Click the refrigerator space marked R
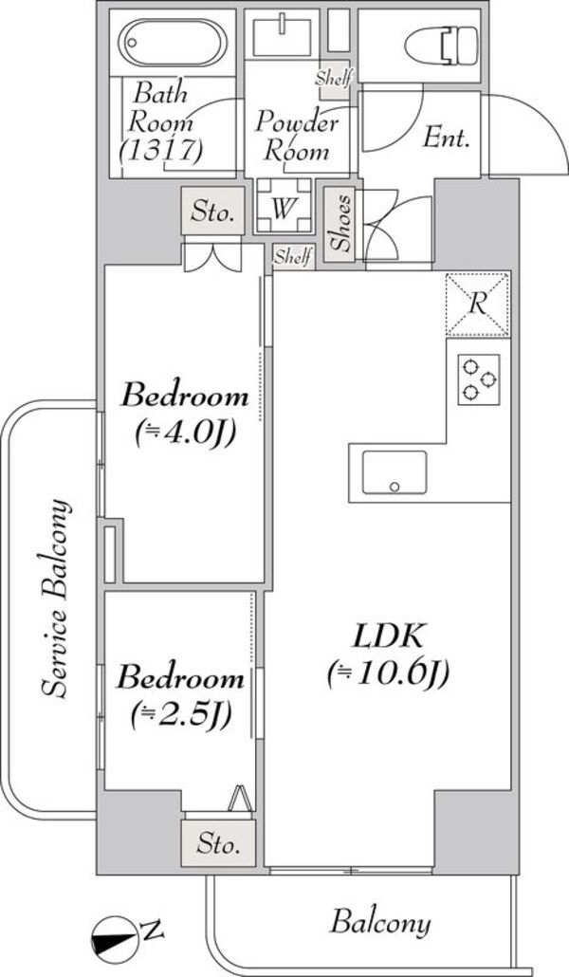coord(479,304)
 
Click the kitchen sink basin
coord(395,472)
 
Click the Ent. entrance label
coord(447,138)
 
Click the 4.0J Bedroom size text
coord(184,433)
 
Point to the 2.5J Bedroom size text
coord(180,713)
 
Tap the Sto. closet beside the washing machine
coord(211,212)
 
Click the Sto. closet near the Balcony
coord(219,842)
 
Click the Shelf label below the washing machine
coord(292,257)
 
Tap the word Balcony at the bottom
coord(381,922)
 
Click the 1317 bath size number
coord(162,149)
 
